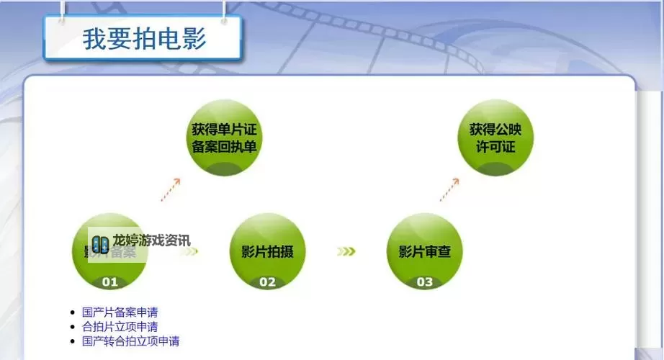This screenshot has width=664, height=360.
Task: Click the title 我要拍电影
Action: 144,38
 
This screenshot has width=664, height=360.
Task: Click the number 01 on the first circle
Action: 109,282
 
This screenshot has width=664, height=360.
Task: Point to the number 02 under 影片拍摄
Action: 267,282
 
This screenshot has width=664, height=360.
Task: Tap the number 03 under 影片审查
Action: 425,282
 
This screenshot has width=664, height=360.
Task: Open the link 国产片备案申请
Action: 120,312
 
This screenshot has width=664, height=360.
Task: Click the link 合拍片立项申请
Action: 120,327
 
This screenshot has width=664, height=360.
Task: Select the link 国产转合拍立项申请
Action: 130,341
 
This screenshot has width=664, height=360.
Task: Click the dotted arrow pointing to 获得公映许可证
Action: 449,189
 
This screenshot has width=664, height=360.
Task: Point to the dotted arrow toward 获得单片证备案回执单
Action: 171,189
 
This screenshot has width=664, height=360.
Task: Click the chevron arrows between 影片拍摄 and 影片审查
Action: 346,251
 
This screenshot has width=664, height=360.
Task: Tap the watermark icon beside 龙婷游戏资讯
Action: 100,243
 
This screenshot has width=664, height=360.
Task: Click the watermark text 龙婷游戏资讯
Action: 151,240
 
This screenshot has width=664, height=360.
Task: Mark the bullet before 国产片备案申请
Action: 71,312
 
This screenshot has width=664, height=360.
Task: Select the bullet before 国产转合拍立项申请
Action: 71,341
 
